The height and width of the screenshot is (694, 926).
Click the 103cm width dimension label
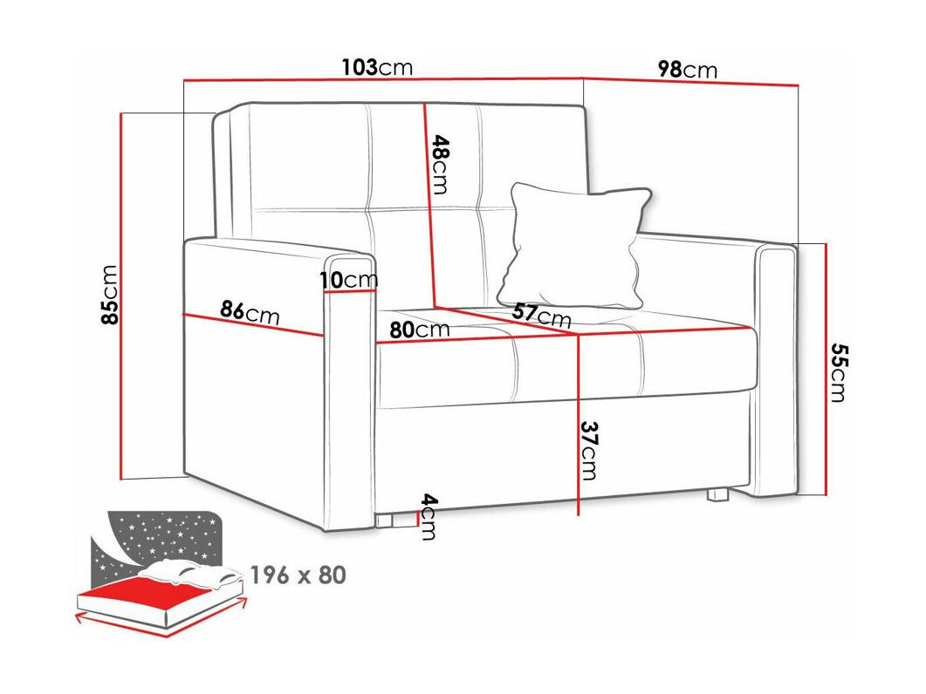(377, 67)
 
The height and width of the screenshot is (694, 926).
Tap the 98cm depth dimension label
(688, 70)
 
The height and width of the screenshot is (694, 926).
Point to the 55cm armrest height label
(838, 372)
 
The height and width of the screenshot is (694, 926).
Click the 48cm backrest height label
(441, 165)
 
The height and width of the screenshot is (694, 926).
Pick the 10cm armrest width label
(349, 280)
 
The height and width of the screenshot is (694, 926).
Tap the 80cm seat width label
(419, 330)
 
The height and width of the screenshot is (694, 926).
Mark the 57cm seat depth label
(541, 314)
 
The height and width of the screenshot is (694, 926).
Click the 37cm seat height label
(588, 450)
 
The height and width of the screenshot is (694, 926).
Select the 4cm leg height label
(429, 517)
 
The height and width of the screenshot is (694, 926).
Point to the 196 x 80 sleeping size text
(298, 575)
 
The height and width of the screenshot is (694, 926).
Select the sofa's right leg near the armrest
(717, 494)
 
